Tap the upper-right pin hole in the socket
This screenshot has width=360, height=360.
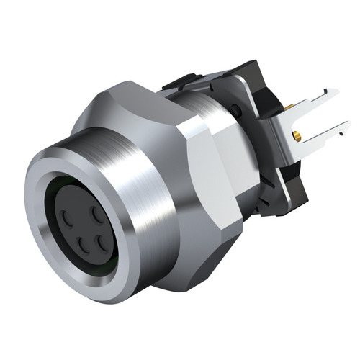click(96, 214)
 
